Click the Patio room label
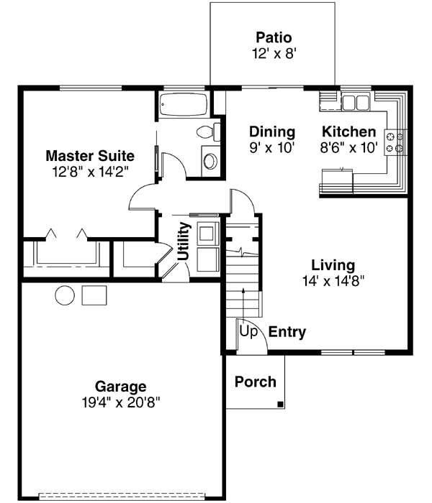click(x=273, y=37)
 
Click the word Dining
click(x=272, y=132)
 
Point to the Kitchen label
click(x=348, y=132)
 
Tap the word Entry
click(x=287, y=332)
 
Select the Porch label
click(x=256, y=382)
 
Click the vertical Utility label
click(x=184, y=241)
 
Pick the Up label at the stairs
click(x=248, y=332)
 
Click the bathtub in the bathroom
click(x=184, y=104)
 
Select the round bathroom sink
click(x=210, y=160)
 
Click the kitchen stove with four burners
click(x=395, y=141)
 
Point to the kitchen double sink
click(x=354, y=102)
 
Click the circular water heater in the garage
click(x=65, y=295)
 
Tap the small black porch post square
click(x=279, y=405)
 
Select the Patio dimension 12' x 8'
click(x=273, y=52)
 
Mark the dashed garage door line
click(x=126, y=496)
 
